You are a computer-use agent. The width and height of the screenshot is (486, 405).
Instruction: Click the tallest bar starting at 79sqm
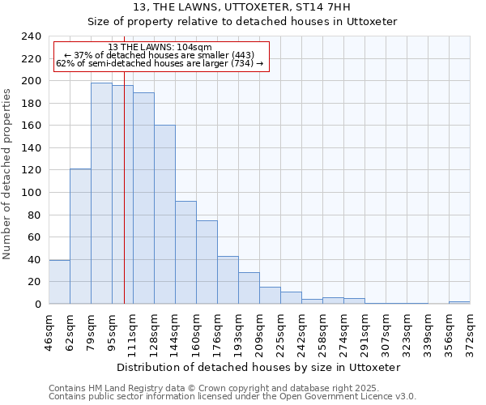click(x=101, y=194)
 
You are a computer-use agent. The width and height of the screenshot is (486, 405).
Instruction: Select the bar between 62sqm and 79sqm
click(x=80, y=236)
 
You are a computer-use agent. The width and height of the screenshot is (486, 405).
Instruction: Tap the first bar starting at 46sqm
click(x=59, y=282)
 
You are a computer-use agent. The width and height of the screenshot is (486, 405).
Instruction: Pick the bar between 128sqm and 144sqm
click(x=164, y=215)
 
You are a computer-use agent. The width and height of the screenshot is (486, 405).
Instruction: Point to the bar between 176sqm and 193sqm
click(x=228, y=280)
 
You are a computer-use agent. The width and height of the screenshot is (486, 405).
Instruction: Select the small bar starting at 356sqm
click(x=459, y=302)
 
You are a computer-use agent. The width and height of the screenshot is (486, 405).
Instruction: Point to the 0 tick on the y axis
click(x=37, y=305)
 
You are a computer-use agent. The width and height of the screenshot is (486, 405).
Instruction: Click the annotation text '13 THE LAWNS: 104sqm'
click(x=160, y=47)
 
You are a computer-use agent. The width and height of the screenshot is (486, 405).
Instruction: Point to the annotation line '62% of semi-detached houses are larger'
click(x=160, y=63)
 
